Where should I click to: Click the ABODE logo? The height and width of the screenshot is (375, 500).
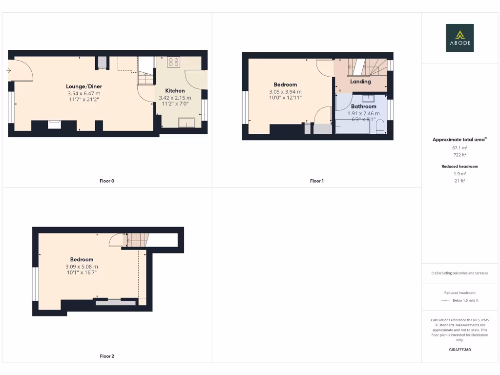(459, 38)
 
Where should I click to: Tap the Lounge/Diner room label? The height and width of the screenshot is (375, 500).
(84, 86)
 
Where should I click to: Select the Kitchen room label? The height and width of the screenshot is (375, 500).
(175, 91)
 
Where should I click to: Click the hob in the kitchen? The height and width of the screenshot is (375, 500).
(174, 62)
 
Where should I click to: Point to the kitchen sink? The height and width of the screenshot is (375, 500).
(186, 122)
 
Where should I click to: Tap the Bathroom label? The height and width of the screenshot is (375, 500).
(363, 106)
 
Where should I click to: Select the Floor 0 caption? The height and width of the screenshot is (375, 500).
(107, 181)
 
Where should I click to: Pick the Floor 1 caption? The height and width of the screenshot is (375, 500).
(317, 181)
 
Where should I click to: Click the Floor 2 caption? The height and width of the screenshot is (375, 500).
(107, 356)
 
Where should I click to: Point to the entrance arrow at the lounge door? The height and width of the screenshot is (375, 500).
(9, 70)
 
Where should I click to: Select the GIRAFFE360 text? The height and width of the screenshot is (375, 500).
(459, 350)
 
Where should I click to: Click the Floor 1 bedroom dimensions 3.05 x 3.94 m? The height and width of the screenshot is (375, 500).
(285, 91)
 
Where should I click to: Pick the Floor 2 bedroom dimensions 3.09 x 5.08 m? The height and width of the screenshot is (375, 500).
(82, 267)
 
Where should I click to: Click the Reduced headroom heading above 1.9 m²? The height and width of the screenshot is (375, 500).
(459, 167)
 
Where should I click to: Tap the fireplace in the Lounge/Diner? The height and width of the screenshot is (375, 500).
(54, 124)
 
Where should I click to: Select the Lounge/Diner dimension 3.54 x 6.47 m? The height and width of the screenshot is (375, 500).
(84, 93)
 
